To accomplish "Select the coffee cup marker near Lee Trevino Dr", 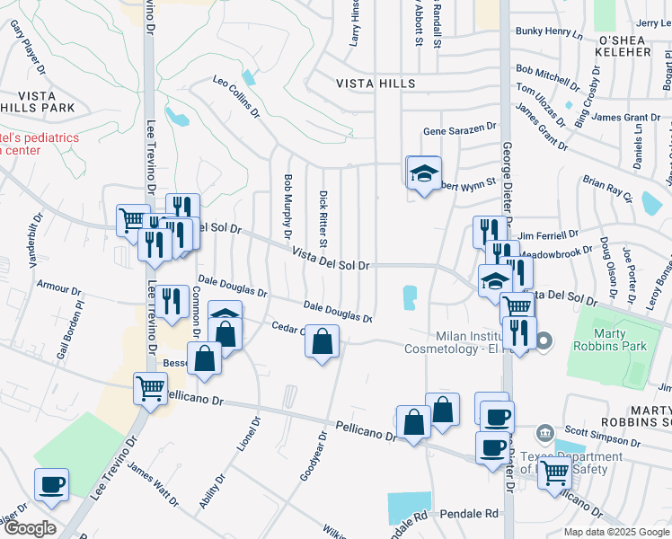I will [51, 485].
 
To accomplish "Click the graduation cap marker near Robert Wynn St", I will [425, 172].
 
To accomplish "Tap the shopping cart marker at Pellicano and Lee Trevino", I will [150, 388].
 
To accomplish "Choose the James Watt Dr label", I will [153, 479].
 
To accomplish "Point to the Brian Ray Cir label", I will [607, 191].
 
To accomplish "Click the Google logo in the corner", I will [30, 528].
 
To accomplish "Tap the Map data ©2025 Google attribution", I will [616, 532].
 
